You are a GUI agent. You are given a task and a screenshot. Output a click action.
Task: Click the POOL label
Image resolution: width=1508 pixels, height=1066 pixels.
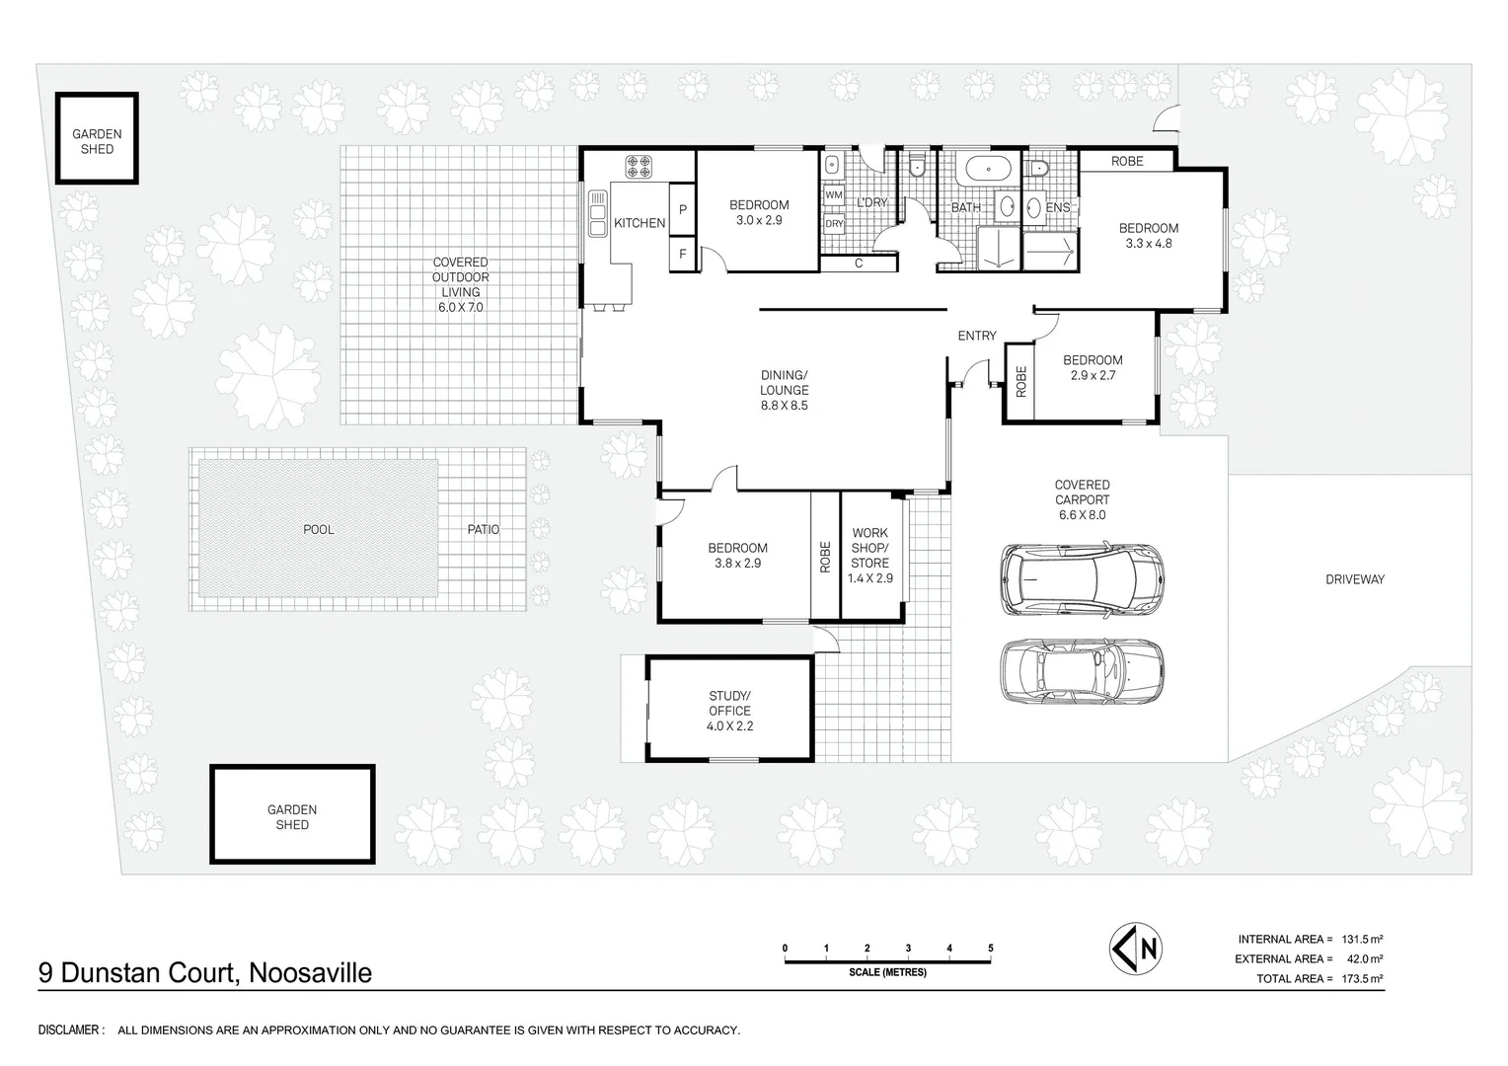coord(318,530)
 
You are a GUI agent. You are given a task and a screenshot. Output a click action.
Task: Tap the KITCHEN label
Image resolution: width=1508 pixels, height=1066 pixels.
coord(640,223)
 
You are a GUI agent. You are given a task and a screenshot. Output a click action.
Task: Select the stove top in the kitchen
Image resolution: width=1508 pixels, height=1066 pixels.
coord(639,167)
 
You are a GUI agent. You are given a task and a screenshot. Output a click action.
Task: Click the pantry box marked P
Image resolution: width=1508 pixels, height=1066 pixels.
coord(683,210)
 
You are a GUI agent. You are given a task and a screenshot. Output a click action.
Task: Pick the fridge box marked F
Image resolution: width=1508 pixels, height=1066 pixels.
coord(683,254)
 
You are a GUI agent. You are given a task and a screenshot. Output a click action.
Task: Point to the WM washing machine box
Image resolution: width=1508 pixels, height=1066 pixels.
coord(834,195)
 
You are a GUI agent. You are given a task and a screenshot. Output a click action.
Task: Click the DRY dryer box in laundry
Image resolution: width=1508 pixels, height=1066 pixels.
coord(834,224)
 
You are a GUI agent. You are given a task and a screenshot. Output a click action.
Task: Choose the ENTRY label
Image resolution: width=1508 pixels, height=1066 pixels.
coord(977,336)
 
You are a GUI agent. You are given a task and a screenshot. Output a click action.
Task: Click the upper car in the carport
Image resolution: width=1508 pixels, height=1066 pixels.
coord(1082,578)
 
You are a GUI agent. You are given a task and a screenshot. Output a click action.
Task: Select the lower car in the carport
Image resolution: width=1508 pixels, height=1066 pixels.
coord(1082,671)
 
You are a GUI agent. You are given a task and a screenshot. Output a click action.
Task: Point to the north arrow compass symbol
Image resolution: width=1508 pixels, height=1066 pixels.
coord(1135,949)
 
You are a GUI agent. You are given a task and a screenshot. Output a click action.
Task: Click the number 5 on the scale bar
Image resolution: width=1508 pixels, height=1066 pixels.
coord(991,949)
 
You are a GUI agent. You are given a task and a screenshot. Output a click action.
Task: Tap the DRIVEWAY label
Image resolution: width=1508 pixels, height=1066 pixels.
coord(1354,579)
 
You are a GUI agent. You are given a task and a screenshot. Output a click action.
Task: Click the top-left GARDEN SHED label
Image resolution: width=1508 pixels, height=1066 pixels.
coord(97,141)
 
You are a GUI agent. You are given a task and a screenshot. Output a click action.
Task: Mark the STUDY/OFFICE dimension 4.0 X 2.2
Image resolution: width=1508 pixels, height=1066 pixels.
coord(729,725)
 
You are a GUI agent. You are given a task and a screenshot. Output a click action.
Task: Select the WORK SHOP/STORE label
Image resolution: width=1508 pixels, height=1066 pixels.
coord(869,548)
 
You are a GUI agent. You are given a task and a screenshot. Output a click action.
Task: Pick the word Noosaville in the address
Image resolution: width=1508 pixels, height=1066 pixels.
coord(311,973)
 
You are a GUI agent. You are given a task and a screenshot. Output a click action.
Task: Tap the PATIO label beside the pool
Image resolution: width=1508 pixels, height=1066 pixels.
coord(483,530)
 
